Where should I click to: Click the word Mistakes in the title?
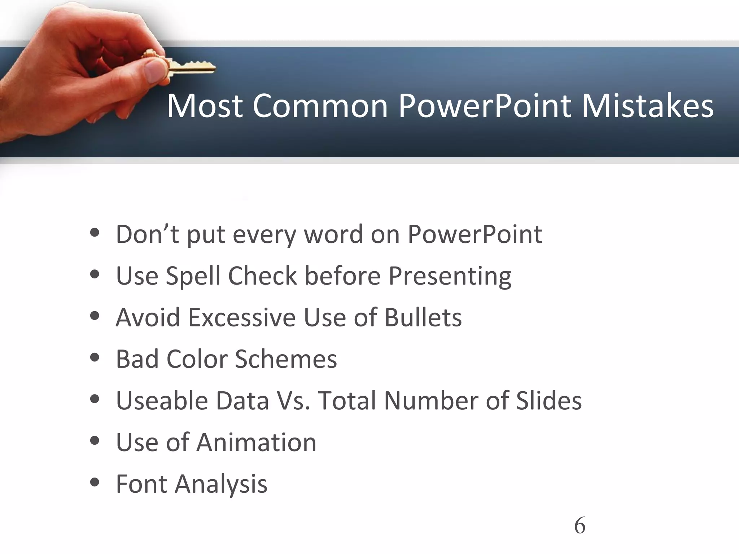click(647, 106)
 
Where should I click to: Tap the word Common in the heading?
click(320, 106)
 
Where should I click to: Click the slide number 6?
click(580, 526)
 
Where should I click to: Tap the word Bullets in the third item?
click(423, 318)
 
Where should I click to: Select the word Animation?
click(256, 442)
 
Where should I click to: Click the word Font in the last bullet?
click(141, 484)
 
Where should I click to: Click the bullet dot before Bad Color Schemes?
click(95, 358)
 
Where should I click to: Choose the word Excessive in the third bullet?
click(242, 318)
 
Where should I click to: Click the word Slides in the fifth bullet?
click(548, 401)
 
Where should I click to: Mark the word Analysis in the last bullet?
click(221, 484)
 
